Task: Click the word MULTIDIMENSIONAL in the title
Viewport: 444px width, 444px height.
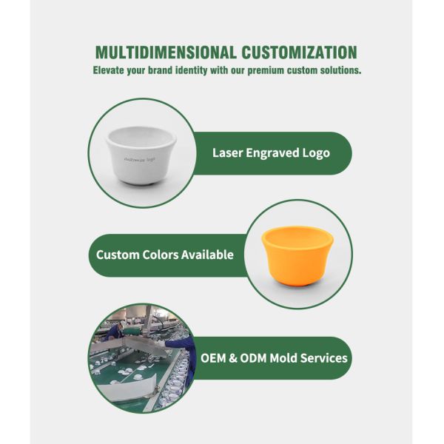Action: tap(166, 53)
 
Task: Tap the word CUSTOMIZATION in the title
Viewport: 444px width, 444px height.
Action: tap(299, 53)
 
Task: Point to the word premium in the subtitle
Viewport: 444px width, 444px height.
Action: tap(266, 70)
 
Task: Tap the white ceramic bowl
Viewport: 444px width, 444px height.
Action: tap(141, 155)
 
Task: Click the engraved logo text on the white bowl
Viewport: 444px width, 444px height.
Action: tap(140, 159)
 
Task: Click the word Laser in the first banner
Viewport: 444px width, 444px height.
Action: tap(227, 153)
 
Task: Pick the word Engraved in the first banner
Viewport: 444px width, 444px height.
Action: tap(272, 153)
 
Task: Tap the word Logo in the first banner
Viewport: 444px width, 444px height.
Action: tap(316, 153)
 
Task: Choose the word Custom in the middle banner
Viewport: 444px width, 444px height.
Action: tap(118, 255)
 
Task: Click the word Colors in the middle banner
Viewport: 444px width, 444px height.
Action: tap(160, 255)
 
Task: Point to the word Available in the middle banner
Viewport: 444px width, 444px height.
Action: tap(207, 255)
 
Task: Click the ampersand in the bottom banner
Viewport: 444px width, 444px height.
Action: tap(233, 358)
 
